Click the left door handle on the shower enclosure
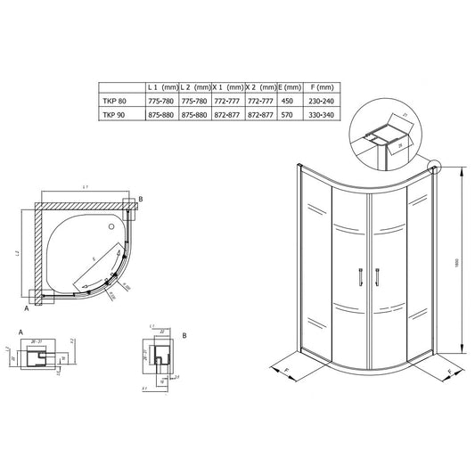click(360, 278)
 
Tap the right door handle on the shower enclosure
click(378, 278)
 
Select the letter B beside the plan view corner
click(141, 200)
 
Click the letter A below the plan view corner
click(27, 311)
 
